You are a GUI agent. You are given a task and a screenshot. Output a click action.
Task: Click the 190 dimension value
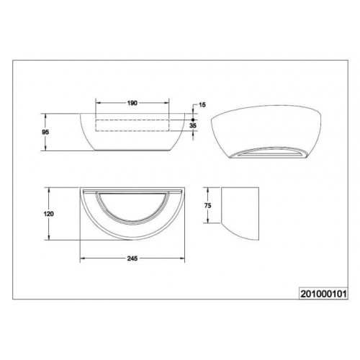tap(132, 103)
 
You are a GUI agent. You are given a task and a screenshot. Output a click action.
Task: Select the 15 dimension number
tap(202, 105)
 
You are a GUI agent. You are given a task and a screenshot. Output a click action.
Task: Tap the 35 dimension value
tap(193, 125)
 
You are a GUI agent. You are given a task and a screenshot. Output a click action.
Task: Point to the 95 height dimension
tap(45, 132)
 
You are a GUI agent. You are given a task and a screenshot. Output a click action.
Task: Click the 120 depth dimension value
tap(49, 214)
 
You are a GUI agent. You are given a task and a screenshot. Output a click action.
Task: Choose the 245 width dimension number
tap(132, 258)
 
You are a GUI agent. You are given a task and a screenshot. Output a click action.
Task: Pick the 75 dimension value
tap(208, 205)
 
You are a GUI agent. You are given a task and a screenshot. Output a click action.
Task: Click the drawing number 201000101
tap(323, 294)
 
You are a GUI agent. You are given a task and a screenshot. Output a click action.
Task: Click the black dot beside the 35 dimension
tap(193, 120)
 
